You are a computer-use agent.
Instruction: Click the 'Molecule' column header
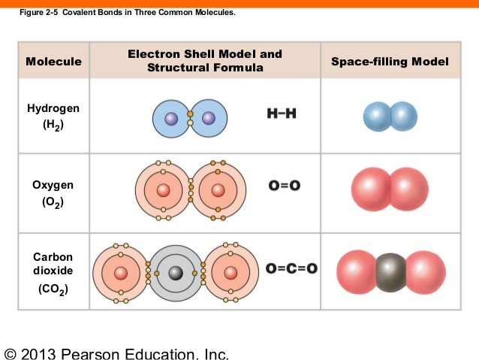pyautogui.click(x=53, y=62)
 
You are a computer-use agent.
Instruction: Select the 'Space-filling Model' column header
pyautogui.click(x=390, y=62)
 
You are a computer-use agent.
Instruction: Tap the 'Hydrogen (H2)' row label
pyautogui.click(x=53, y=116)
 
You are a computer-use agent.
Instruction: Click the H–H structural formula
pyautogui.click(x=282, y=115)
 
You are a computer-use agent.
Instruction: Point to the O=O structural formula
pyautogui.click(x=284, y=186)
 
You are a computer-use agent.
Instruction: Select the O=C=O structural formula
pyautogui.click(x=291, y=268)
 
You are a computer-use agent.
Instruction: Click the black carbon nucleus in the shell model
pyautogui.click(x=176, y=272)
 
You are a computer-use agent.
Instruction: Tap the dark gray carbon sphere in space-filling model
pyautogui.click(x=390, y=271)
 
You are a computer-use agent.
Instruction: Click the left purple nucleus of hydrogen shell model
pyautogui.click(x=171, y=118)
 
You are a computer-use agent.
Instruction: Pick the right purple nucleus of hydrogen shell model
pyautogui.click(x=209, y=118)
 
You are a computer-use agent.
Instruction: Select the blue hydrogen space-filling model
pyautogui.click(x=390, y=116)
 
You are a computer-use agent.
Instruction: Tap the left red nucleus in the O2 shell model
pyautogui.click(x=163, y=190)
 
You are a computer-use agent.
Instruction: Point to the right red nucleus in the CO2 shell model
pyautogui.click(x=230, y=272)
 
